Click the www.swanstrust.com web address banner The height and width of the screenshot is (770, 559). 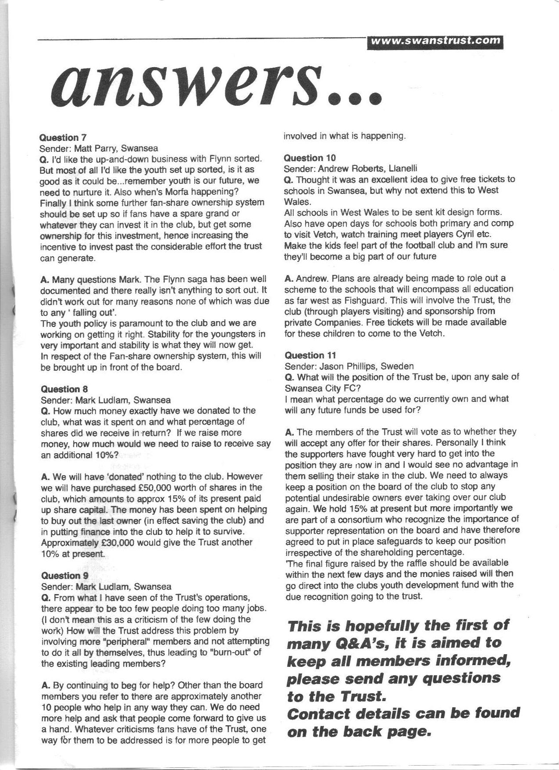pos(435,40)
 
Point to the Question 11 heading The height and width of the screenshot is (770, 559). pos(310,355)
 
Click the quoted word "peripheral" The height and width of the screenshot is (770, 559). pos(114,641)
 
